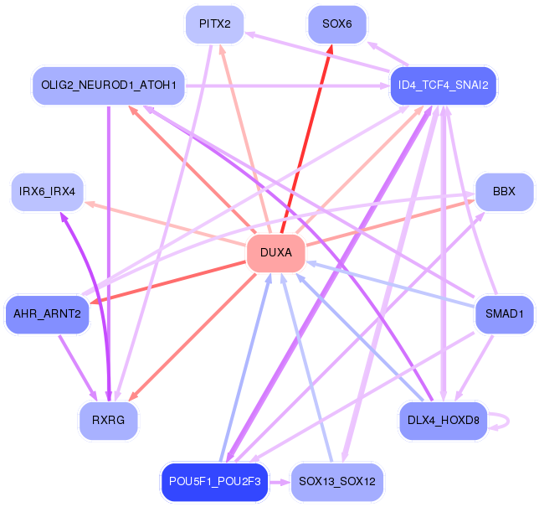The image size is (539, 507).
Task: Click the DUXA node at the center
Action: click(276, 253)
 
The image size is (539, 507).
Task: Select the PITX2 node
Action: click(215, 24)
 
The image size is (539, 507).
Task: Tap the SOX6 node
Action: click(337, 24)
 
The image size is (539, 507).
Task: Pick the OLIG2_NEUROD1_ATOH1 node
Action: click(109, 85)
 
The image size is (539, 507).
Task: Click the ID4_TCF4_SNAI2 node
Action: click(443, 85)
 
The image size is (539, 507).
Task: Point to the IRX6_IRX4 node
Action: click(48, 192)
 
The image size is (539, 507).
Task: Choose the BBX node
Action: click(505, 192)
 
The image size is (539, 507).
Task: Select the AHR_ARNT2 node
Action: click(48, 314)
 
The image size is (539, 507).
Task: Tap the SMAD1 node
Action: click(505, 314)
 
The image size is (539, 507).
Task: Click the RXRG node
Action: click(109, 421)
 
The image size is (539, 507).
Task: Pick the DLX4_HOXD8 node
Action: click(443, 421)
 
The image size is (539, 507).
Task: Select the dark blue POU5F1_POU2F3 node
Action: click(215, 482)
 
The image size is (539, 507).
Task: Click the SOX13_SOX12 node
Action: click(337, 482)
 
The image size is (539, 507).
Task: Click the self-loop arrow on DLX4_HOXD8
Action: click(508, 421)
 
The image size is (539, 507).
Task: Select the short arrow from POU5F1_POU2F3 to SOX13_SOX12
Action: click(280, 482)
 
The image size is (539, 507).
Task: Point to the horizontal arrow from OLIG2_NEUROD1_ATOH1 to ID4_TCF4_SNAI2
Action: click(287, 85)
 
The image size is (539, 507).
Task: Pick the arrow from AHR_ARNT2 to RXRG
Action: click(78, 368)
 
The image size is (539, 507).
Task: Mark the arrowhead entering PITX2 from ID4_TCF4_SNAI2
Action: click(249, 34)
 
